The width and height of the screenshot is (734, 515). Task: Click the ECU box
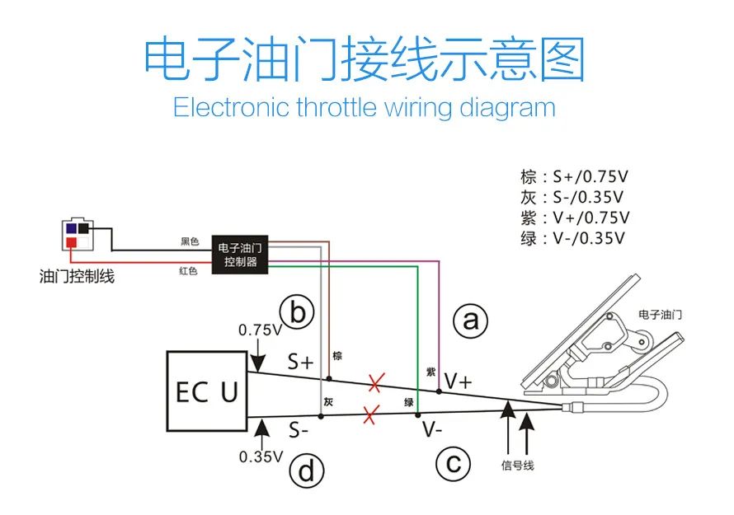click(207, 391)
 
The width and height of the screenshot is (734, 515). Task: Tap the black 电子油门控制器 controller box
click(241, 255)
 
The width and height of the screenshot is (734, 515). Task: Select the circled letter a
click(470, 321)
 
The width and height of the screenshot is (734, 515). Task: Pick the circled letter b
click(297, 313)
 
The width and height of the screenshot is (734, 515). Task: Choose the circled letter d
click(305, 471)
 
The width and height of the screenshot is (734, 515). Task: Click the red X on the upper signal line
click(376, 382)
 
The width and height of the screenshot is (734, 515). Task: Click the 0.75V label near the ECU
click(259, 330)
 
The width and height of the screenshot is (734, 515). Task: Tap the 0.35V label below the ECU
click(261, 456)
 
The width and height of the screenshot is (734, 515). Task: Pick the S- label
click(299, 429)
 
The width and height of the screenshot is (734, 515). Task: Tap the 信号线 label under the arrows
click(517, 466)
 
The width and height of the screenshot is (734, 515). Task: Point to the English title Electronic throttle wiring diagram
click(364, 107)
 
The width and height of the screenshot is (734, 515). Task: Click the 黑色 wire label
click(190, 242)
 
